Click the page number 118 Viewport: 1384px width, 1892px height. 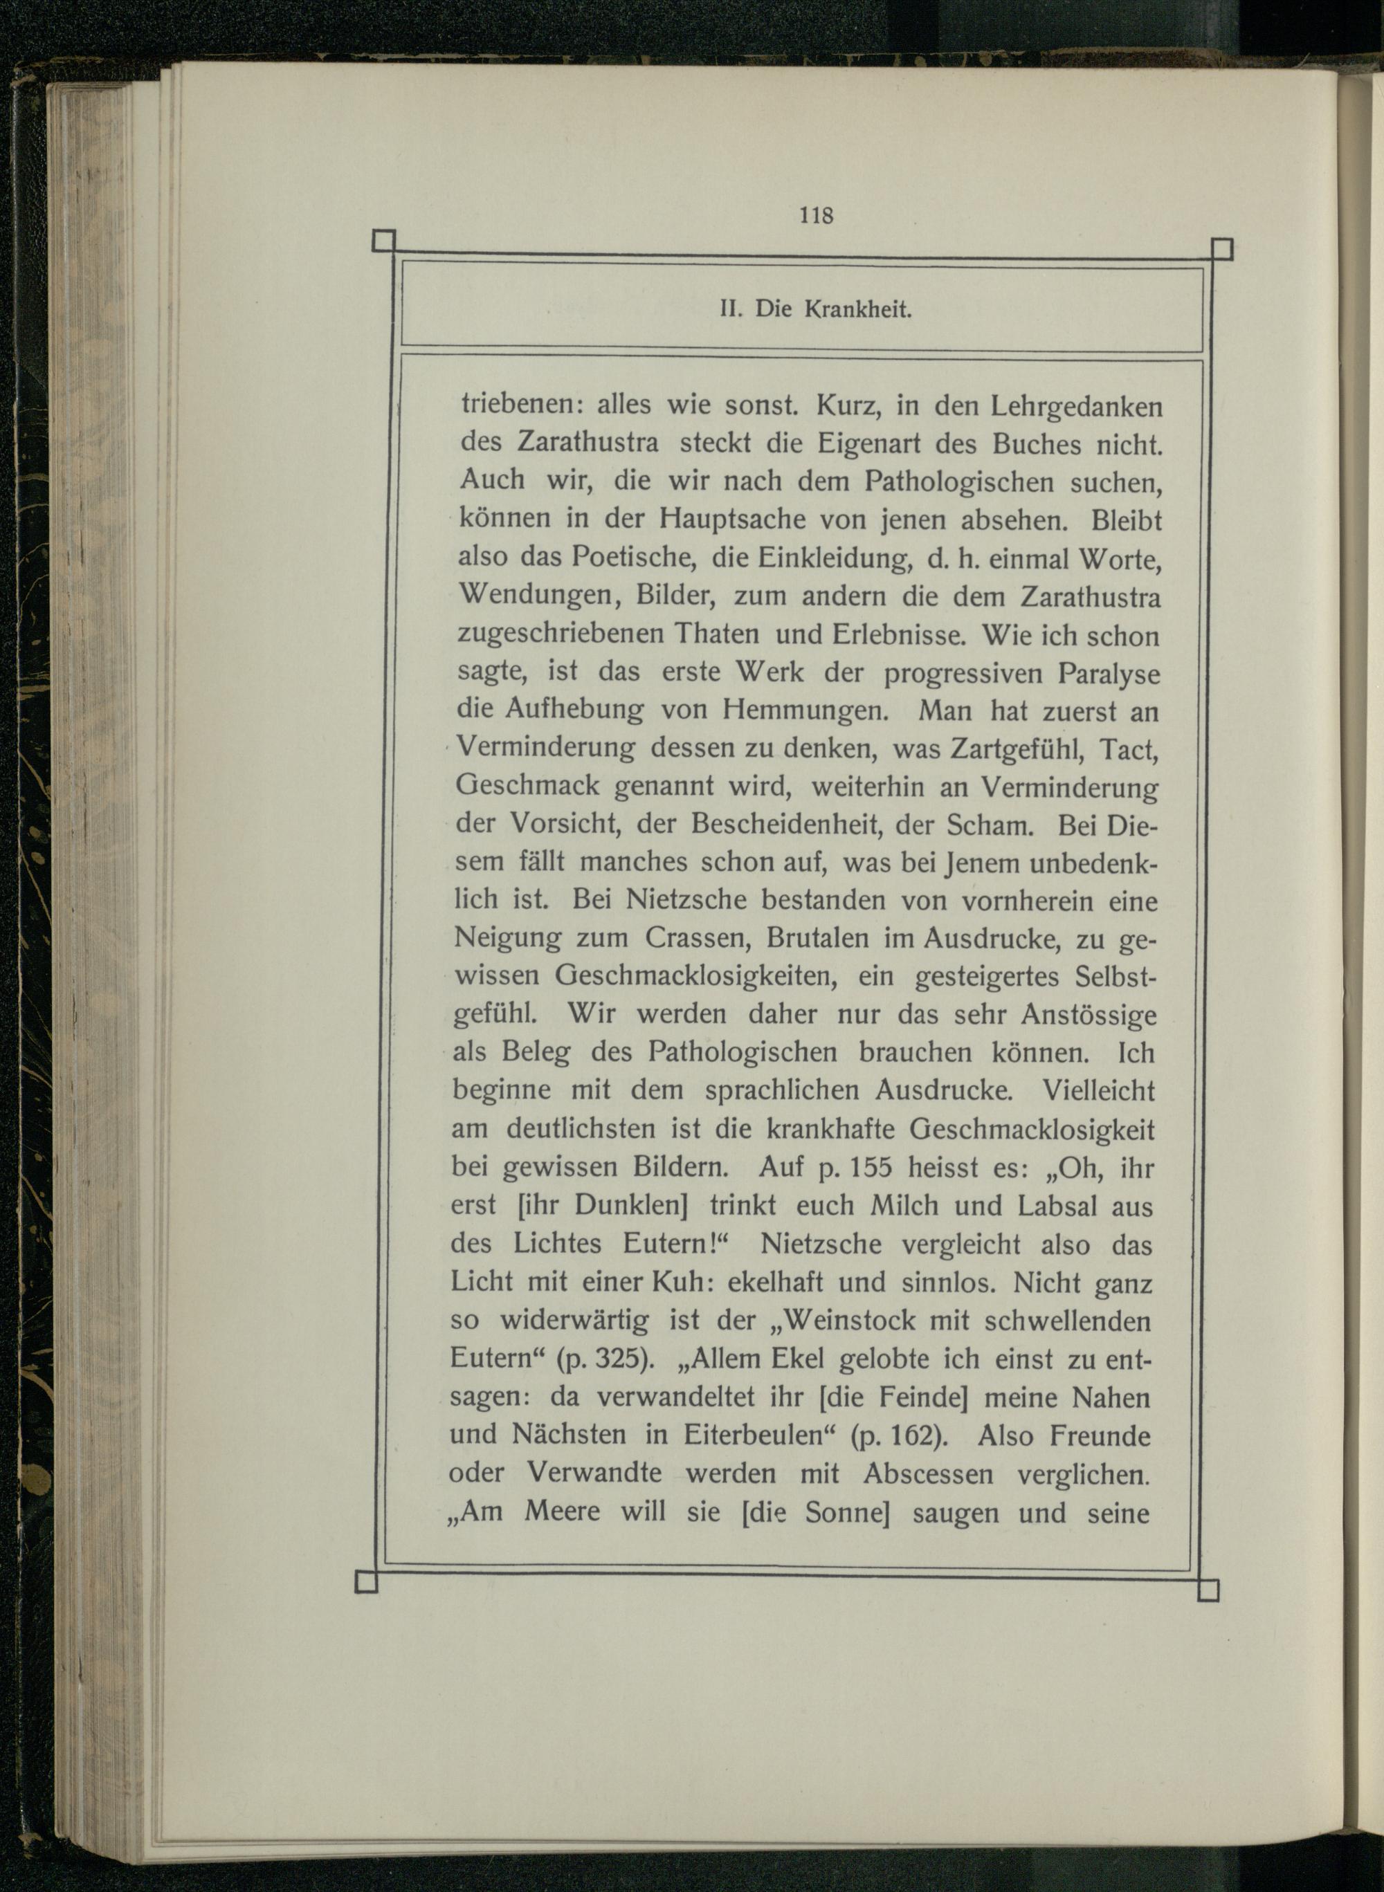816,215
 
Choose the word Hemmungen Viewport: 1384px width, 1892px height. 805,711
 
